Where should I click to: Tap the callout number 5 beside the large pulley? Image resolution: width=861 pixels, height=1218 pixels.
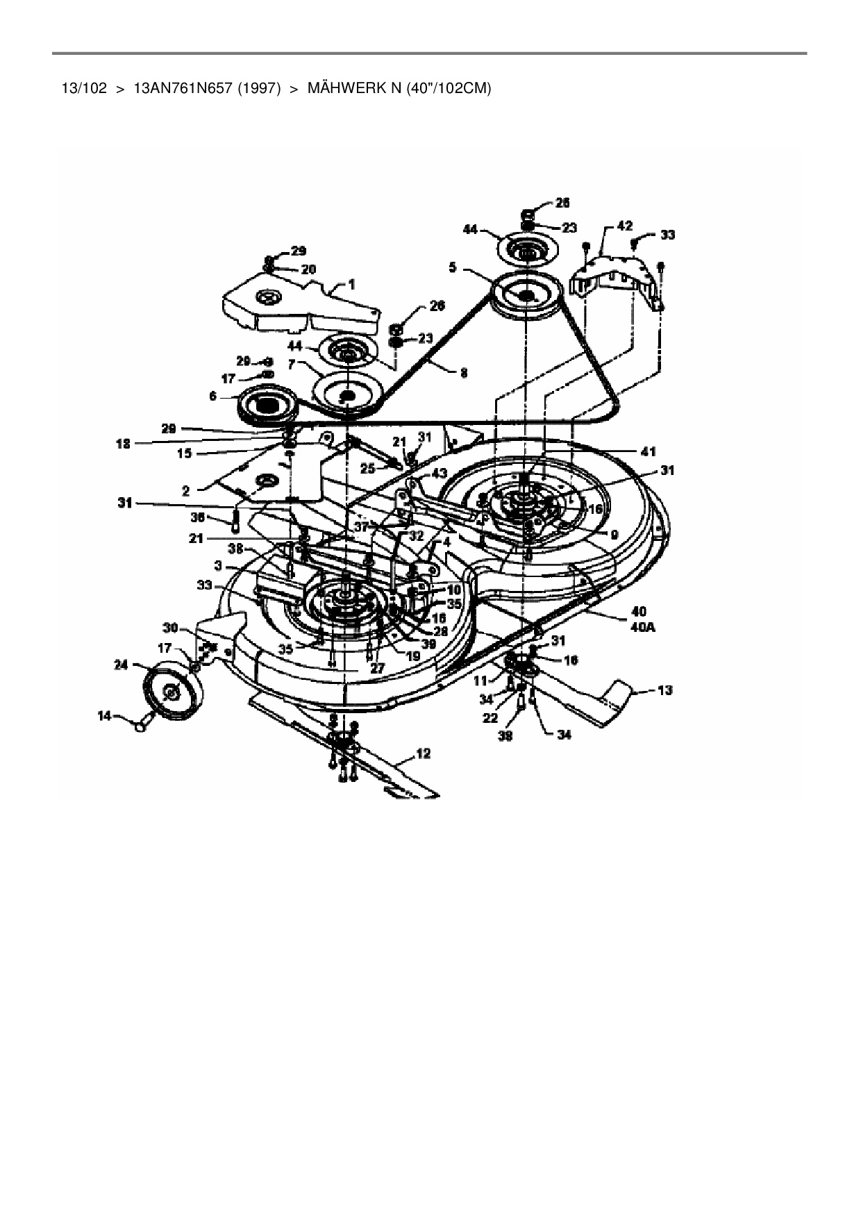(x=453, y=267)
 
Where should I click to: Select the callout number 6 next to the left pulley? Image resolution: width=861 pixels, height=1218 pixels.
(x=212, y=396)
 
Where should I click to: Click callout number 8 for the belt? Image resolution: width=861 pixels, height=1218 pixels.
(x=464, y=374)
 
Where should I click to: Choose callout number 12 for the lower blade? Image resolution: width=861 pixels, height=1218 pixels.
(x=424, y=752)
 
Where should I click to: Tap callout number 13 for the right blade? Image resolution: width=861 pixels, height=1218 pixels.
(x=664, y=690)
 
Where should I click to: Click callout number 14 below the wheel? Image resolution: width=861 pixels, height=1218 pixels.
(x=104, y=716)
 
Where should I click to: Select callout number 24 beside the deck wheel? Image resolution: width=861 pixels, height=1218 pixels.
(x=122, y=665)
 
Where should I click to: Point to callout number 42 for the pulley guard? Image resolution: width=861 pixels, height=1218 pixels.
(x=624, y=226)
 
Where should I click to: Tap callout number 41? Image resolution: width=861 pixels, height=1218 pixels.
(x=649, y=452)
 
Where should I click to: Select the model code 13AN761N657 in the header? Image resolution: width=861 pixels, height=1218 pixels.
(x=182, y=89)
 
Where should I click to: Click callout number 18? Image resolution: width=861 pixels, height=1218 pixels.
(x=124, y=444)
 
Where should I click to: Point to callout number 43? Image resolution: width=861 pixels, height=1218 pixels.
(x=439, y=473)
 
